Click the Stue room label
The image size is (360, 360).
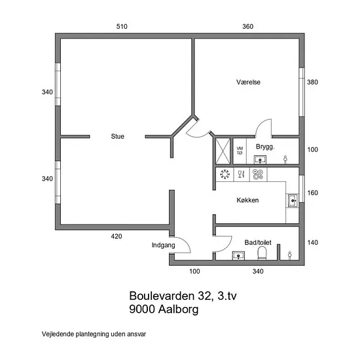tap(118, 136)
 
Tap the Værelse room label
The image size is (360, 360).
tap(249, 82)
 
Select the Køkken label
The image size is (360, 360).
tap(247, 200)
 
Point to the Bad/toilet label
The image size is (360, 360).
tap(258, 242)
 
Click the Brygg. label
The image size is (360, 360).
tap(265, 147)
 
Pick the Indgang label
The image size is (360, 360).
tap(164, 245)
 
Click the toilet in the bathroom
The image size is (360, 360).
tap(262, 253)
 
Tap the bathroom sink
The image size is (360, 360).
tap(238, 255)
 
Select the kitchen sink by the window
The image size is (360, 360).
tap(293, 201)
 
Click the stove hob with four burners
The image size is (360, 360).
tap(258, 174)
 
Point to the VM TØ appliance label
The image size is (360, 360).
tap(240, 151)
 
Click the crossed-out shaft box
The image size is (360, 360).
tap(223, 151)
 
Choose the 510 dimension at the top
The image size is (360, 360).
tap(122, 26)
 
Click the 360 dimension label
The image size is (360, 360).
tap(247, 26)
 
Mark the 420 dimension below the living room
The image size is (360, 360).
tap(117, 236)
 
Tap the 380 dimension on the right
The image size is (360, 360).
tap(312, 82)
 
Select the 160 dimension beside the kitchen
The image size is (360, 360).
tap(312, 193)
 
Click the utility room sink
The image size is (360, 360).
tap(260, 159)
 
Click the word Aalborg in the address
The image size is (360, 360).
tap(178, 309)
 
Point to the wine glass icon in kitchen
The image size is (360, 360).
tap(241, 174)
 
